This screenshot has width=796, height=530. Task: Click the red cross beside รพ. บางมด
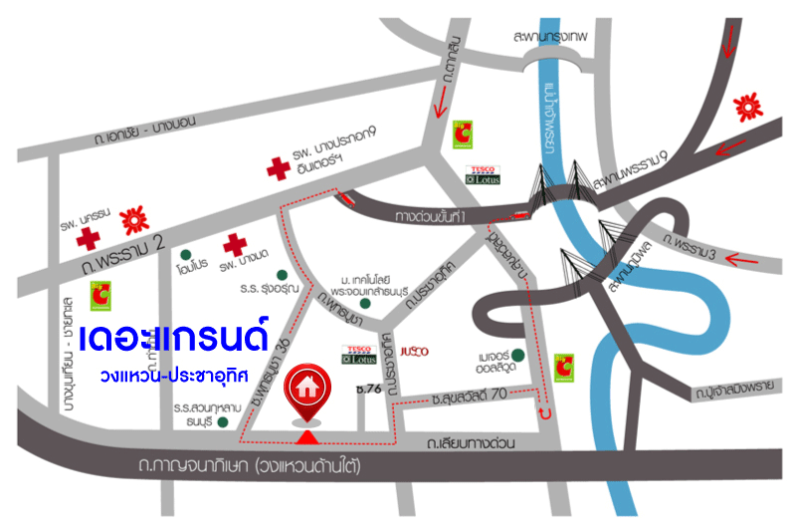234,244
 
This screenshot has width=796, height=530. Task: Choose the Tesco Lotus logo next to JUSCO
358,353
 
